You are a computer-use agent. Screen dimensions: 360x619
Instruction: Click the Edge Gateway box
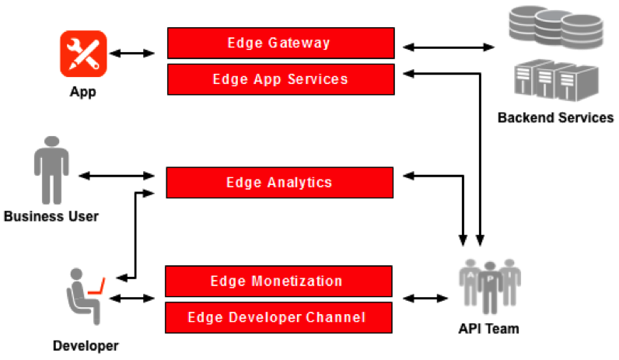[280, 43]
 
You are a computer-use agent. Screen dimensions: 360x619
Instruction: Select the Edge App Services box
[280, 79]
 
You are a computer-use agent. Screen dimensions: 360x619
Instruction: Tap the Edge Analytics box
[279, 183]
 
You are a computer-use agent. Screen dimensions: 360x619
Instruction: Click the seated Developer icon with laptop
[83, 295]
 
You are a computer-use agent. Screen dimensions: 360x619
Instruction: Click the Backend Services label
[555, 118]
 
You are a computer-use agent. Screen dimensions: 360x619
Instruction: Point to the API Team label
[488, 329]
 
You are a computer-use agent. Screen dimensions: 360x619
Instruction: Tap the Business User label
[51, 216]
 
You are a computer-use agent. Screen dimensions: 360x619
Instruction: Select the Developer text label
[86, 344]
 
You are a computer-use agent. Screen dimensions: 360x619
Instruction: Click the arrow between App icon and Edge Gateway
[132, 54]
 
